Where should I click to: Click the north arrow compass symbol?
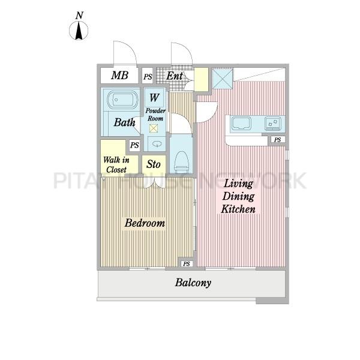[79, 31]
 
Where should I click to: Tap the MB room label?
[119, 76]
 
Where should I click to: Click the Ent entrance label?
[175, 76]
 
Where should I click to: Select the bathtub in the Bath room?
[122, 100]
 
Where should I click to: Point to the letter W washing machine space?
[154, 98]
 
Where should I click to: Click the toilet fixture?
[181, 163]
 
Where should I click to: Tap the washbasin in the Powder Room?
[157, 144]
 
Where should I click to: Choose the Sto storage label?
[154, 164]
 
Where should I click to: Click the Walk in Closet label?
[116, 164]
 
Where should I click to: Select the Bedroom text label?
[145, 223]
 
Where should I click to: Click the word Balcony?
[193, 283]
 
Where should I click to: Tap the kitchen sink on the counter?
[241, 124]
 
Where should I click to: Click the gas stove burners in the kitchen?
[273, 123]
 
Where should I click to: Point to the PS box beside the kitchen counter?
[278, 140]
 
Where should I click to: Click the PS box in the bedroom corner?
[187, 264]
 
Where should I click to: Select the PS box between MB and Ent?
[148, 76]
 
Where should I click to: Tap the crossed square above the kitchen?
[222, 79]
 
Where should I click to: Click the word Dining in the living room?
[238, 197]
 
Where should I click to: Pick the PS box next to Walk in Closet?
[134, 145]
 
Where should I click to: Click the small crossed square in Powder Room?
[154, 128]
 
